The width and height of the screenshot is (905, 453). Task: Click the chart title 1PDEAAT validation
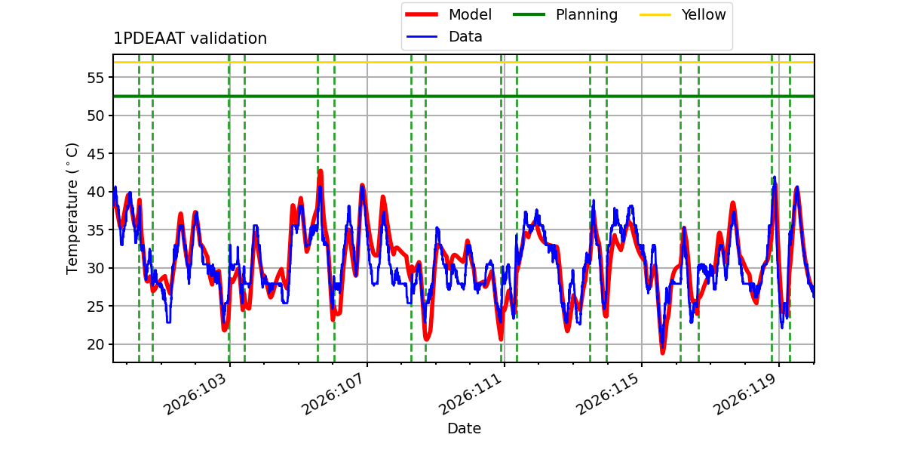[x=190, y=39]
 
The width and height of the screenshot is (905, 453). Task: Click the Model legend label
[x=470, y=14]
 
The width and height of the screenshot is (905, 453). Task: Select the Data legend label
[x=465, y=37]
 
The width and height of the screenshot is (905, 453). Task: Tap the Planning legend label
[x=587, y=15]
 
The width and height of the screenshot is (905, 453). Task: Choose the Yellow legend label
[x=704, y=14]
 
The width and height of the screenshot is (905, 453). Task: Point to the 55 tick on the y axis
[x=96, y=78]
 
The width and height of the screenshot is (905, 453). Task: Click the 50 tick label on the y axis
[x=96, y=116]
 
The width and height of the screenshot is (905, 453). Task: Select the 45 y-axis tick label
[x=96, y=154]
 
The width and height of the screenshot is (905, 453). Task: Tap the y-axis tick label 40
[x=96, y=192]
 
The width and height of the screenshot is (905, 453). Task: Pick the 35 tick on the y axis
[x=96, y=230]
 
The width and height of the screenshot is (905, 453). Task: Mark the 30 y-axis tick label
[x=96, y=268]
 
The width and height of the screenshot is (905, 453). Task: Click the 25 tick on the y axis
[x=96, y=307]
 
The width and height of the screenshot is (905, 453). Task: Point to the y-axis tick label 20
[x=96, y=344]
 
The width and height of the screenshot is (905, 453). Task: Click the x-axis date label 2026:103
[x=195, y=394]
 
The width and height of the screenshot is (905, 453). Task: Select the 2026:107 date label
[x=333, y=394]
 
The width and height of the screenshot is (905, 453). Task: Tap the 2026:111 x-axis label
[x=471, y=394]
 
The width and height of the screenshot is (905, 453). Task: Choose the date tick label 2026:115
[x=609, y=394]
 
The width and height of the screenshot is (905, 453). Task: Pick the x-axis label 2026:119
[x=746, y=394]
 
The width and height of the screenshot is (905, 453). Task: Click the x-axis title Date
[x=465, y=428]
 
